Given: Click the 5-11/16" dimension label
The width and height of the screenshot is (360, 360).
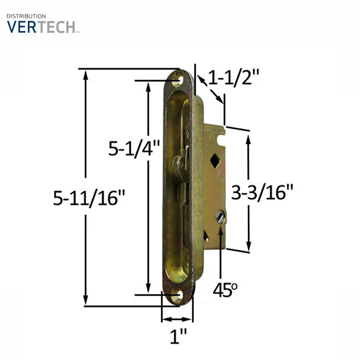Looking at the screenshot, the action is [89, 198].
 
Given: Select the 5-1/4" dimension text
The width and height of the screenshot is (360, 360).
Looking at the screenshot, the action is [134, 148].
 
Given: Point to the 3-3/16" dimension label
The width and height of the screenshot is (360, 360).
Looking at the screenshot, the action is [262, 192].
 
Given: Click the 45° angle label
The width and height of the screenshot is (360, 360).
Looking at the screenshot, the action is [225, 290].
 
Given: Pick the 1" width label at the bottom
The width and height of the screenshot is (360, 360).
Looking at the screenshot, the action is [178, 336].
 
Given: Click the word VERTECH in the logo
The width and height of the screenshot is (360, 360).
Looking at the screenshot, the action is [41, 27].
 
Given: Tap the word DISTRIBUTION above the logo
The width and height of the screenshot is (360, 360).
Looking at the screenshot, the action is [26, 16].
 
